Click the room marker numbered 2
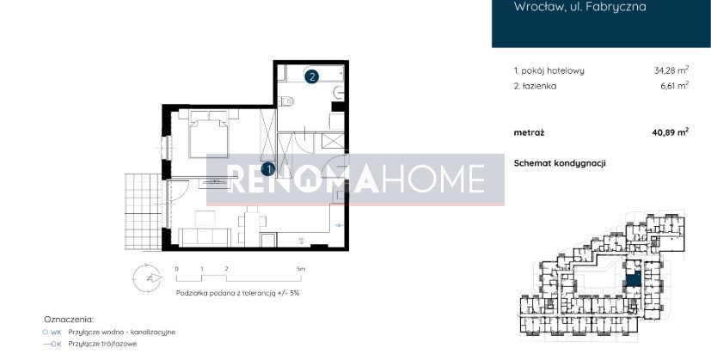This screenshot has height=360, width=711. [x=311, y=76]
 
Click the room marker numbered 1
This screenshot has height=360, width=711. [x=268, y=169]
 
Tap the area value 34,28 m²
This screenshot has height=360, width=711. [x=671, y=70]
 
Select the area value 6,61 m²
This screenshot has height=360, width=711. [x=675, y=85]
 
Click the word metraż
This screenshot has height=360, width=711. [x=530, y=133]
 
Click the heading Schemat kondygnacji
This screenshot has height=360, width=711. [x=560, y=164]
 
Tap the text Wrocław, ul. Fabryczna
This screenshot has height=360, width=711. [x=580, y=7]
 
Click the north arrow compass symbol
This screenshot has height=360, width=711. [x=147, y=278]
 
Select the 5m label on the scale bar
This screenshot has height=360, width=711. [x=301, y=268]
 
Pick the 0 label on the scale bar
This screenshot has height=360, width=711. [x=177, y=268]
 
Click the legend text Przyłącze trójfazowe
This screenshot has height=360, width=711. [x=102, y=344]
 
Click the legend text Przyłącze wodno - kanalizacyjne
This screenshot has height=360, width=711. [x=121, y=332]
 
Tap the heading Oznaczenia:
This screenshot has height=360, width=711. [x=69, y=320]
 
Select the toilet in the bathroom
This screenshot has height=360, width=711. [x=286, y=101]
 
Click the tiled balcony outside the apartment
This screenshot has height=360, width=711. [x=143, y=211]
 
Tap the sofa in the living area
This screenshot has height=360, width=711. [x=205, y=237]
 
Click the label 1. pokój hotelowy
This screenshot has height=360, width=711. [x=549, y=70]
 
